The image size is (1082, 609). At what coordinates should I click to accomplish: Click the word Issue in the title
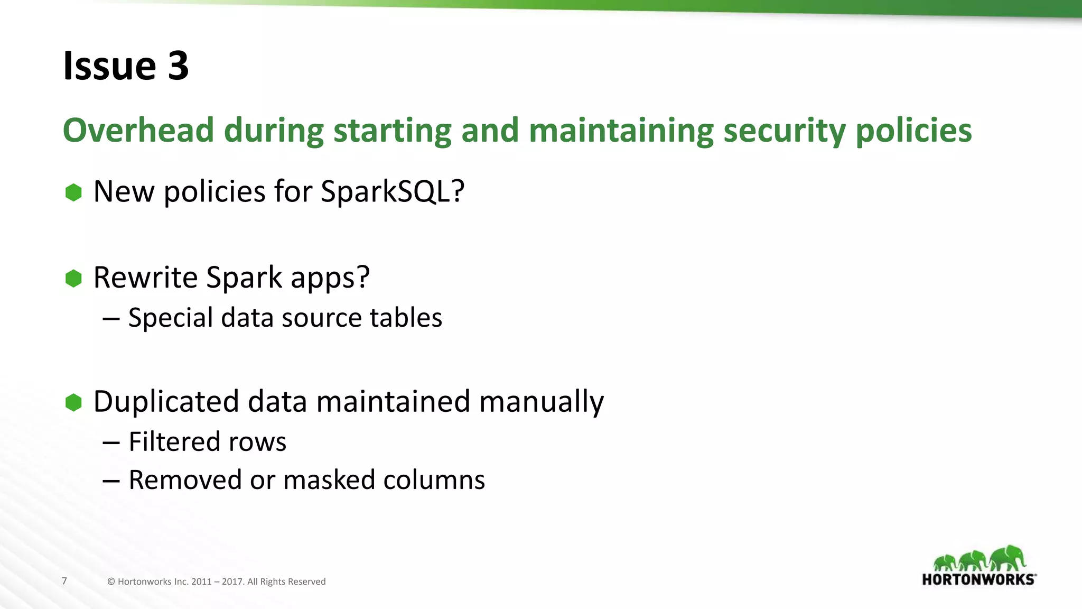(109, 66)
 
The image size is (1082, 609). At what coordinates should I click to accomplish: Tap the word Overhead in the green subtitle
(138, 130)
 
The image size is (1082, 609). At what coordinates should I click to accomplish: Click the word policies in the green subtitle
(913, 131)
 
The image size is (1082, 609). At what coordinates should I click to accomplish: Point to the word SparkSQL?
(393, 191)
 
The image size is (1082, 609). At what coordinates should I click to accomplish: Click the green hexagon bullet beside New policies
(73, 192)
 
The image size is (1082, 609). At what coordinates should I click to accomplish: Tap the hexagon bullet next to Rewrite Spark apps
(73, 278)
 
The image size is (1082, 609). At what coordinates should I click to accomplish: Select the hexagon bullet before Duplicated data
(73, 402)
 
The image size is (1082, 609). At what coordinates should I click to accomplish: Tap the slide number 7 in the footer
(64, 581)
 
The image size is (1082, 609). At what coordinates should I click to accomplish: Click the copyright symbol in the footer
(111, 582)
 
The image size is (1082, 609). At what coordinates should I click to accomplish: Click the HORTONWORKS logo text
(978, 579)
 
